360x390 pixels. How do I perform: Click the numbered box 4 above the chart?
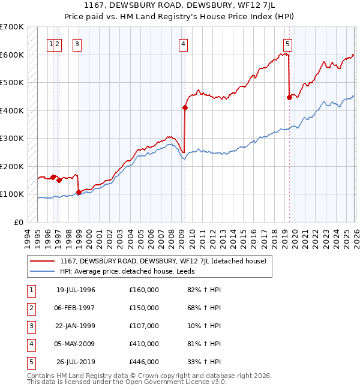click(182, 43)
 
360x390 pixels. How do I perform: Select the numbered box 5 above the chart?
click(288, 43)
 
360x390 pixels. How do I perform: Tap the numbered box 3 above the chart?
click(77, 43)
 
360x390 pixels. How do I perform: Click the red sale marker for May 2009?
click(185, 108)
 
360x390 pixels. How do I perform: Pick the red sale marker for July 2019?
click(289, 97)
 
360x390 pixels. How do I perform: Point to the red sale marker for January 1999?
click(79, 192)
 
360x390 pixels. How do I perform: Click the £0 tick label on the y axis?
click(19, 222)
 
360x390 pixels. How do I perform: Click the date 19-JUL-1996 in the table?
click(76, 290)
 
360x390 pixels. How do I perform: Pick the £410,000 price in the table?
click(144, 344)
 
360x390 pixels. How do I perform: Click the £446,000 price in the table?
click(144, 362)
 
